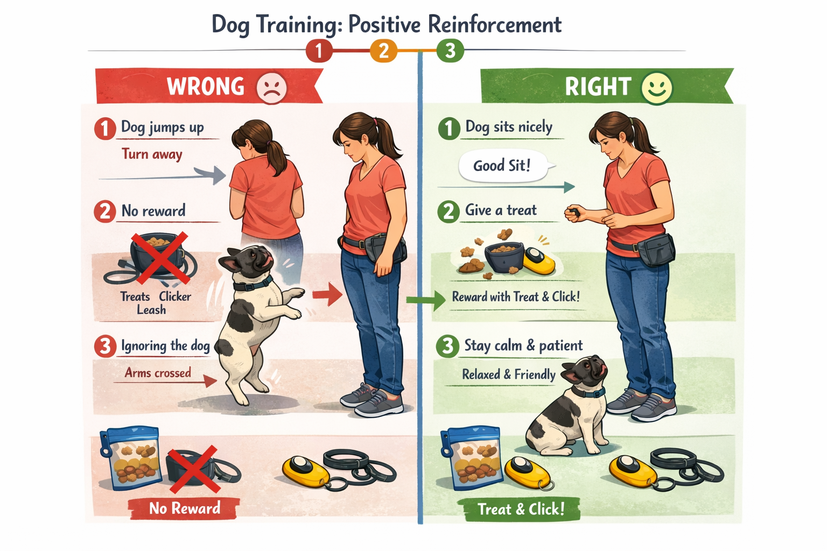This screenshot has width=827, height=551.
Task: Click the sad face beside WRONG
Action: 272,88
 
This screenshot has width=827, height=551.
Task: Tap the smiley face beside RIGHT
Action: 657,88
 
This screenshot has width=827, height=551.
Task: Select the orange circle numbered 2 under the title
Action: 383,51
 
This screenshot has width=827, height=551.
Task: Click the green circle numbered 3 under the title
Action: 450,51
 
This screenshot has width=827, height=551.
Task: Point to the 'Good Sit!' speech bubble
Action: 502,166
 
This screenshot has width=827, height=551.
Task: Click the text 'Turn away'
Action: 152,154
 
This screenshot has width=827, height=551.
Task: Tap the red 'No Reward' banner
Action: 184,508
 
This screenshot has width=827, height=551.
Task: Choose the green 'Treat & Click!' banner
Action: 521,509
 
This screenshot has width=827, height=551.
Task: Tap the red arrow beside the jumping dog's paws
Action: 327,294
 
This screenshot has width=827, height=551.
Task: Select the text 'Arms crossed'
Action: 158,373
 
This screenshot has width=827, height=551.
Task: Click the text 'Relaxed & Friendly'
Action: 508,375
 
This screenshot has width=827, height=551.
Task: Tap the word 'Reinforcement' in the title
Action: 494,25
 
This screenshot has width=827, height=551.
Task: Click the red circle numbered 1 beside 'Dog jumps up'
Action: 105,129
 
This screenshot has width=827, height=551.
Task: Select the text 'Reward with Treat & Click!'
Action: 516,297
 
